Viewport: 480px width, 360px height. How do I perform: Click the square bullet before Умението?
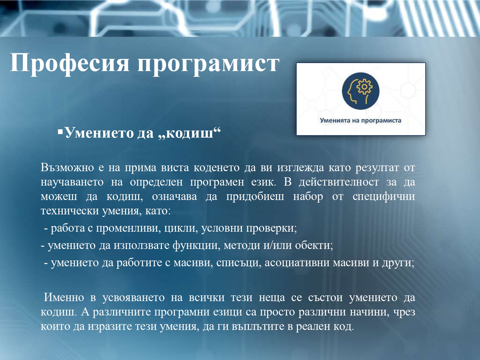pyautogui.click(x=60, y=132)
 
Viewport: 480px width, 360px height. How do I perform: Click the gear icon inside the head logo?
pyautogui.click(x=364, y=87)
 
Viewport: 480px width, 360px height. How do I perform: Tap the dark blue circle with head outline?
pyautogui.click(x=361, y=91)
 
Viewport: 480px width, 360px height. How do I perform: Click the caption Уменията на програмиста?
pyautogui.click(x=361, y=121)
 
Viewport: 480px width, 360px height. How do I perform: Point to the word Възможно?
pyautogui.click(x=67, y=168)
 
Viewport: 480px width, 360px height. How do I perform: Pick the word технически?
pyautogui.click(x=70, y=211)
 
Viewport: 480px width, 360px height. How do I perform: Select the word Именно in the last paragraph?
pyautogui.click(x=64, y=298)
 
